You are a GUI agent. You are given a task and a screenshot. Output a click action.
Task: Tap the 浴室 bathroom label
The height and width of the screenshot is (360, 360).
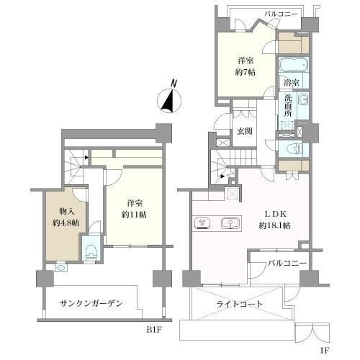pos(293,82)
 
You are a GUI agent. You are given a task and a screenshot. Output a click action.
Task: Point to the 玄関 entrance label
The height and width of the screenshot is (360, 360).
pos(245,131)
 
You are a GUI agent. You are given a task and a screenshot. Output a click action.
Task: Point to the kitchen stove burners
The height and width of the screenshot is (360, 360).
pos(202,222)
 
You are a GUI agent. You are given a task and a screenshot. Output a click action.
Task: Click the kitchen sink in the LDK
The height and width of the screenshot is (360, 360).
pos(230,222)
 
